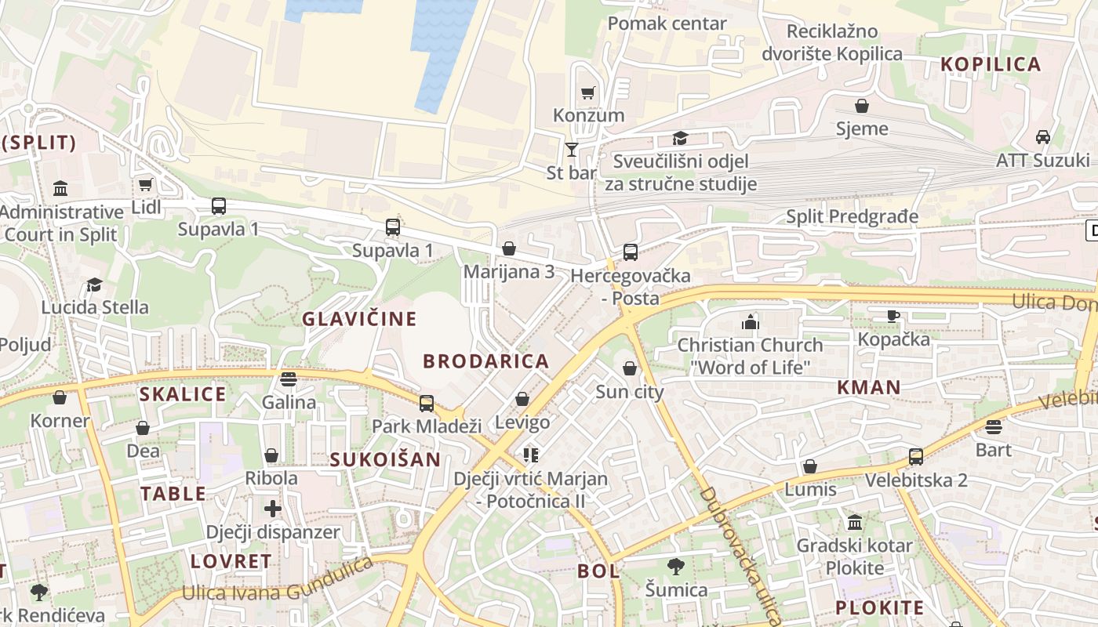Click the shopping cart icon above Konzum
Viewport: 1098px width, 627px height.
tap(588, 92)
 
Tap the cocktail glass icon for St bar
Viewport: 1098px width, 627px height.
tap(572, 149)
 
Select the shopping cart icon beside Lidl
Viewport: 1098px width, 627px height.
tap(145, 185)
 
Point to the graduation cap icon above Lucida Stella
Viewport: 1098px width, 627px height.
tap(95, 285)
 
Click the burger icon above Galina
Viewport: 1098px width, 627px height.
tap(289, 379)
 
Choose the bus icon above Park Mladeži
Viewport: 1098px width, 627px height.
tap(427, 404)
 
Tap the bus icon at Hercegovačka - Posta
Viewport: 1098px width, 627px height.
tap(631, 252)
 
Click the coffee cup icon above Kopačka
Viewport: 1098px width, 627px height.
tap(893, 316)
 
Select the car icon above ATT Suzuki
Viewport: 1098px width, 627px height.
tap(1042, 137)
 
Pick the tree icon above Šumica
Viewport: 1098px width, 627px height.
tap(676, 566)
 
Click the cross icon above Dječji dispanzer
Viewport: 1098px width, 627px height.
tap(273, 509)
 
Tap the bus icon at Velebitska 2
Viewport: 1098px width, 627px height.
tap(915, 457)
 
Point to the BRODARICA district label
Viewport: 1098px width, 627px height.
tap(485, 361)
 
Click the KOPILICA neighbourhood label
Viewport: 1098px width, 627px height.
tap(991, 64)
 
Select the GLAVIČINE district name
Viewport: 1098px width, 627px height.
tap(359, 319)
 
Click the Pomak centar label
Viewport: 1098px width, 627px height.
tap(667, 24)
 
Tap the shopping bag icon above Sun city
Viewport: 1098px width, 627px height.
tap(630, 368)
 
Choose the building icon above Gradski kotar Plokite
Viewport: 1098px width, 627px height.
tap(855, 522)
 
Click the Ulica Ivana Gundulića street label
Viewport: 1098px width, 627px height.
tap(278, 581)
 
